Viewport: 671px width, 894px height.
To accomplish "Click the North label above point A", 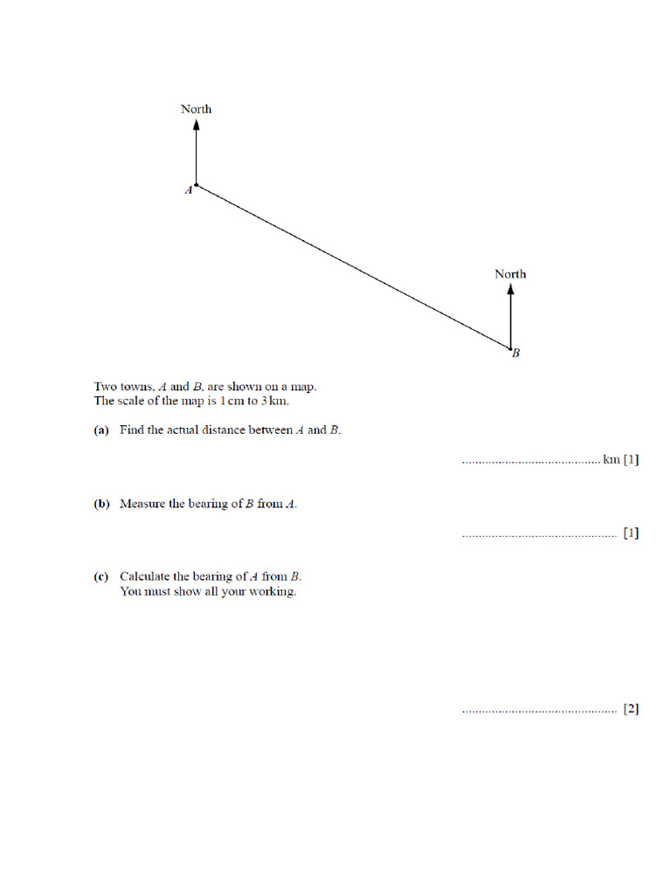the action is coord(196,109).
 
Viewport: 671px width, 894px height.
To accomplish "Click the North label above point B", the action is coord(510,274).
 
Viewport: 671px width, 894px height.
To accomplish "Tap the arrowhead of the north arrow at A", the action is coord(197,125).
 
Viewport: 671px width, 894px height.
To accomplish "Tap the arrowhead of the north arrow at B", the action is coord(510,290).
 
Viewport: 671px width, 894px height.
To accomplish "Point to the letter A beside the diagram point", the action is coord(188,190).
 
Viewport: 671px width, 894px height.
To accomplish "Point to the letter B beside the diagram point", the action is coord(516,354).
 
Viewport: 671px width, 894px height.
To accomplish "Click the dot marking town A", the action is coord(197,185).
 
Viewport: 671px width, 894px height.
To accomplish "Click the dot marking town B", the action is coord(510,349).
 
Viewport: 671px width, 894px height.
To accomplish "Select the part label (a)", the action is coord(101,430).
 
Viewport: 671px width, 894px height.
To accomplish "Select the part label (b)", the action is coord(101,504).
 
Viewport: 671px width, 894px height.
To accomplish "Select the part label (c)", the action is coord(101,576).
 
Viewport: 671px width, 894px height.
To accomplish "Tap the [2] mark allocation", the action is coord(631,709).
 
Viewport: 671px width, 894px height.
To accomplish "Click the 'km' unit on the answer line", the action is coord(611,459).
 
